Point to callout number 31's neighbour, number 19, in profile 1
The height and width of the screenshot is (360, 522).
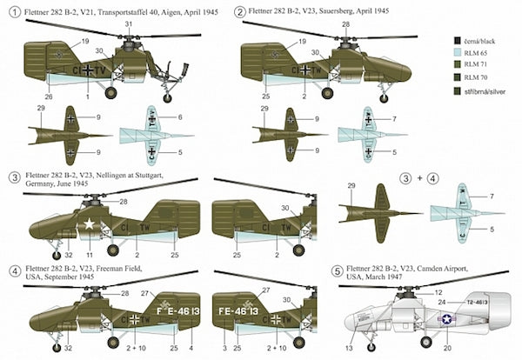84,41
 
